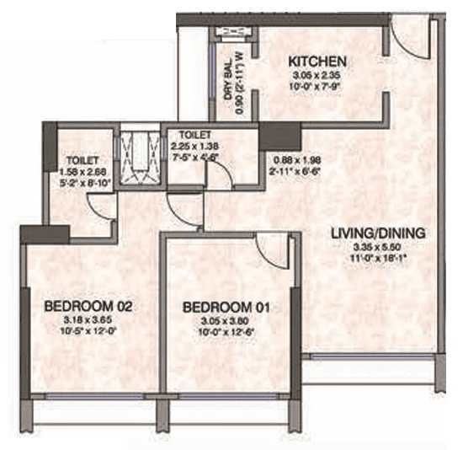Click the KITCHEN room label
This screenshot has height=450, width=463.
click(x=317, y=62)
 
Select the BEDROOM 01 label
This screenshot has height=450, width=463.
click(x=226, y=308)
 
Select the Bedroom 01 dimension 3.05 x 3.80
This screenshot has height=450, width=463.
click(x=226, y=322)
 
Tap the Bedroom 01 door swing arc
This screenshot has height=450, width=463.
click(x=274, y=248)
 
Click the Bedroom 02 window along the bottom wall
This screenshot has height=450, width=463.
click(x=92, y=394)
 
